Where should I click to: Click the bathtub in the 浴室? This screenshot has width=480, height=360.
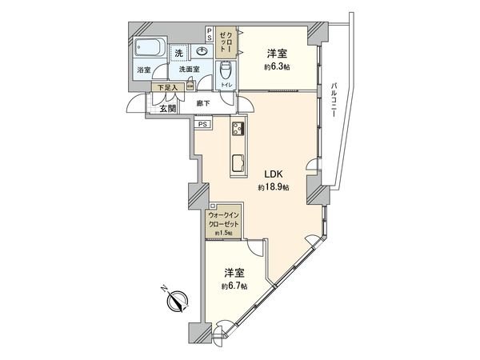pos(150,48)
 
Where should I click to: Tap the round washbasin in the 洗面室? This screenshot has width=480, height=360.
pos(201,50)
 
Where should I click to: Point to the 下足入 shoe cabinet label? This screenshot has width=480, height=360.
pos(166,87)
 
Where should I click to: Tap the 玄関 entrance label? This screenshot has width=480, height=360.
pos(167,108)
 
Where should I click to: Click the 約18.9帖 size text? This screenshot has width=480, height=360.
pos(274,187)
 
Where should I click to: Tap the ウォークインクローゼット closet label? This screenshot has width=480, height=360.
pos(223,220)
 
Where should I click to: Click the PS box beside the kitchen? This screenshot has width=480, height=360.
pos(202,124)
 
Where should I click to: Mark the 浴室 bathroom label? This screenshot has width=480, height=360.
pos(144,70)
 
